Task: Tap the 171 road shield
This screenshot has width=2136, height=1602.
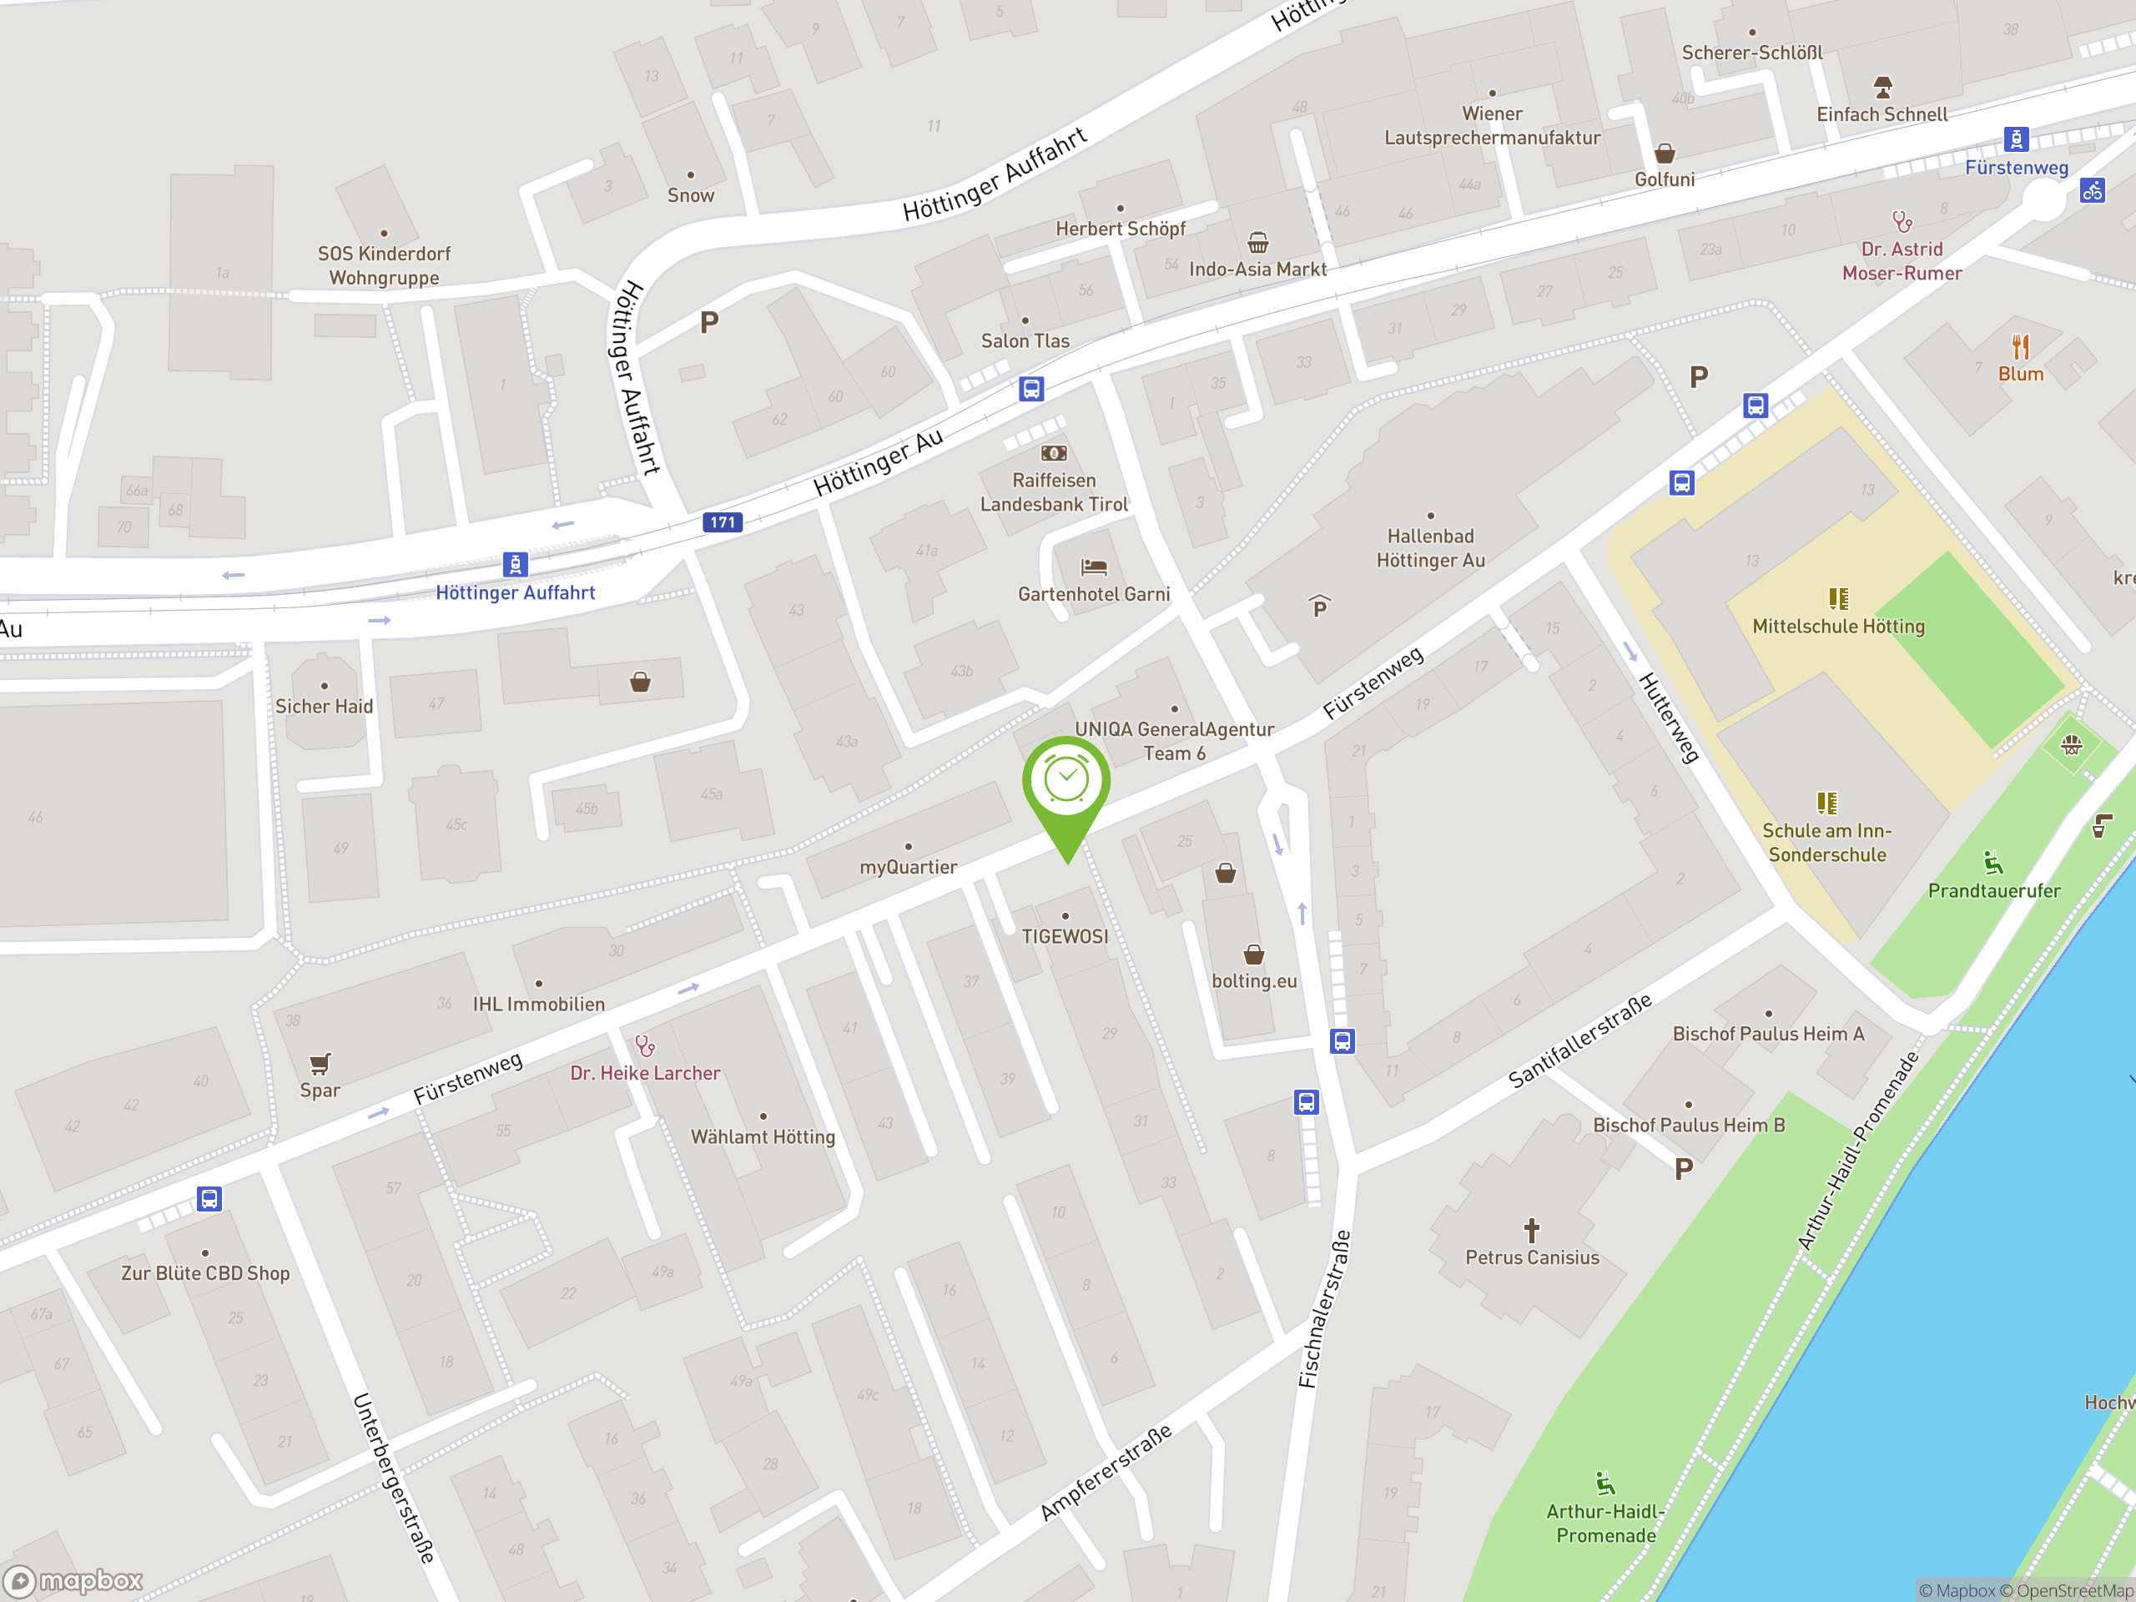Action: click(723, 522)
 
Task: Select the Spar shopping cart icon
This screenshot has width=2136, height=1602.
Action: click(320, 1063)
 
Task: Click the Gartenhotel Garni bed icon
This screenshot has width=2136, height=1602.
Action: click(1093, 567)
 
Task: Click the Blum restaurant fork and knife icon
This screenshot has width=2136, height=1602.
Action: click(2020, 346)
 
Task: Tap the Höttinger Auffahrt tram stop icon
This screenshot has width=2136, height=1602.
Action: click(516, 564)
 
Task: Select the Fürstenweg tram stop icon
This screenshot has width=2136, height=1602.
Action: click(2015, 139)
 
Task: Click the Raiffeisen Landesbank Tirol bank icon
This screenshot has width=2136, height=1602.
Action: click(1054, 453)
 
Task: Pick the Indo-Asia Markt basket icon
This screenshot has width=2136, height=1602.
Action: click(1257, 241)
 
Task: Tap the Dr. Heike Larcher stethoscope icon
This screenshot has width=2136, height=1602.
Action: click(645, 1045)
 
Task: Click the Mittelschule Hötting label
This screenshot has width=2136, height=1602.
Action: click(1837, 627)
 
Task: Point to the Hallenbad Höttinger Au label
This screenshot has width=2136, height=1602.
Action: click(1430, 548)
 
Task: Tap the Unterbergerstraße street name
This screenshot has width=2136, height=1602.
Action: click(393, 1478)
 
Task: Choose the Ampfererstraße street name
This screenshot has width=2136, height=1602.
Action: click(1106, 1472)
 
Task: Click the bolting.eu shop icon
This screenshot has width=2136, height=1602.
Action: click(1253, 955)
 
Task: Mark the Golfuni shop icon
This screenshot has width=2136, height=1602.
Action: click(1664, 154)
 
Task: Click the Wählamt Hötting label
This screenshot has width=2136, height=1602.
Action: click(763, 1137)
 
